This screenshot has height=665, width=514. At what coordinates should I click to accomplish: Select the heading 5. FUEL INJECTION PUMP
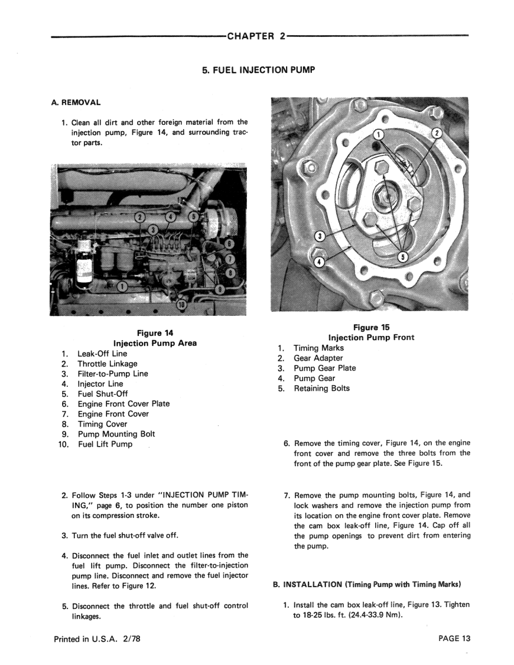pyautogui.click(x=258, y=70)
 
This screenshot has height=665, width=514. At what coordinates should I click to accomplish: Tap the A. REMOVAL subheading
pyautogui.click(x=76, y=102)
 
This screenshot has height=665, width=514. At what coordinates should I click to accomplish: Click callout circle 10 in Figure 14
pyautogui.click(x=182, y=305)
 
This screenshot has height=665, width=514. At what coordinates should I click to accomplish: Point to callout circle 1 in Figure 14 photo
pyautogui.click(x=123, y=287)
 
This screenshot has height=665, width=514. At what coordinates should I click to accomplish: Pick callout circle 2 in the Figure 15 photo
pyautogui.click(x=437, y=133)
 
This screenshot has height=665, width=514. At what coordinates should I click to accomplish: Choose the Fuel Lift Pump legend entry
pyautogui.click(x=105, y=444)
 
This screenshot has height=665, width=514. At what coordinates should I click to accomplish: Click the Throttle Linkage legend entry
pyautogui.click(x=108, y=364)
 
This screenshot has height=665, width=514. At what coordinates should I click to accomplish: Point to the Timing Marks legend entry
pyautogui.click(x=319, y=348)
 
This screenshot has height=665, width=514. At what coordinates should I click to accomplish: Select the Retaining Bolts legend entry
pyautogui.click(x=321, y=388)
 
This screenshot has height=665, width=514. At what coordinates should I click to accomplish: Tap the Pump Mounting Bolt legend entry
pyautogui.click(x=116, y=434)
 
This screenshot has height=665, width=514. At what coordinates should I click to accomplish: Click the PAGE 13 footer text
pyautogui.click(x=455, y=639)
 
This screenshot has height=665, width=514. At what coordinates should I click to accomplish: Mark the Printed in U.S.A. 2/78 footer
pyautogui.click(x=97, y=639)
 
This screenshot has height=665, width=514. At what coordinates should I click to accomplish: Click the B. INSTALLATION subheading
pyautogui.click(x=366, y=584)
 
